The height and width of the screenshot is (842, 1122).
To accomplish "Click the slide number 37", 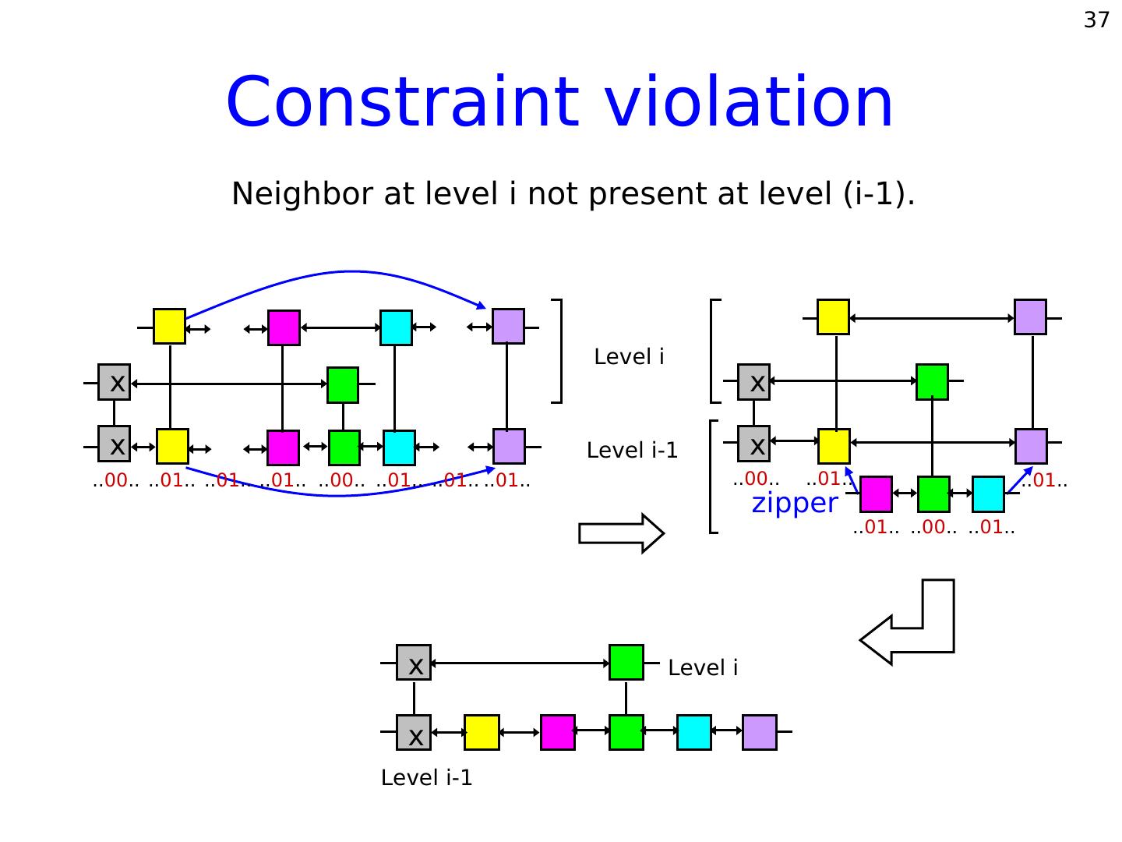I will point(1096,20).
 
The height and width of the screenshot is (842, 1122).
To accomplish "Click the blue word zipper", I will point(795,503).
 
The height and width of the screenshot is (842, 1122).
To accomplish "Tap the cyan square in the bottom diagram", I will point(693,732).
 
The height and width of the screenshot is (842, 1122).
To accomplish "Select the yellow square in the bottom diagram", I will point(482,732).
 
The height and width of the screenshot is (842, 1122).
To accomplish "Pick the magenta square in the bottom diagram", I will point(558,732).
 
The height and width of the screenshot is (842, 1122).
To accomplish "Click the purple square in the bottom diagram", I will point(760,732).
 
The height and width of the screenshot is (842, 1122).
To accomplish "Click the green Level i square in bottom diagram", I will point(626,663).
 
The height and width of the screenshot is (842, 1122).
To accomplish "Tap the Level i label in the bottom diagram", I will point(703,668).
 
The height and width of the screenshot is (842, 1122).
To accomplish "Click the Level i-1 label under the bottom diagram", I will point(426,778).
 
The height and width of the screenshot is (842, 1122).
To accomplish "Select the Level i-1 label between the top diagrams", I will point(632,451).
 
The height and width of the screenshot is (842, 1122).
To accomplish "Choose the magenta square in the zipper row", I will point(876,494).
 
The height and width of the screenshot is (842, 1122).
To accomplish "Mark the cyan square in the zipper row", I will point(988,494).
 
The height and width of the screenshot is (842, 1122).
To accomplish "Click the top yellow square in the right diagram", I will point(833,317).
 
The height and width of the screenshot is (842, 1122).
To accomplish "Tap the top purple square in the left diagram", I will point(508,327).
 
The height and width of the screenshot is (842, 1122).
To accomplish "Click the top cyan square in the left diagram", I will point(396,327).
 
